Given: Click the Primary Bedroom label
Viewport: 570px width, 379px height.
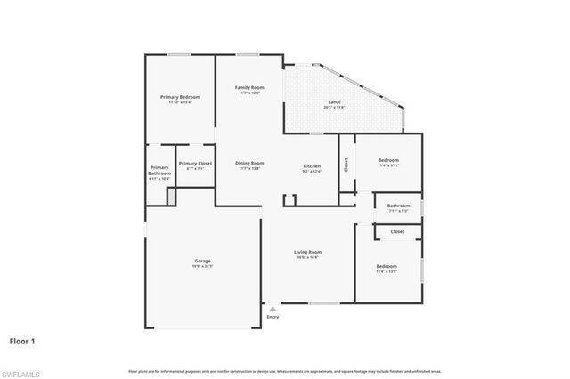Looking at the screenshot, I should [x=180, y=96].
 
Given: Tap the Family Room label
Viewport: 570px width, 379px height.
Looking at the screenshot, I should [x=248, y=87].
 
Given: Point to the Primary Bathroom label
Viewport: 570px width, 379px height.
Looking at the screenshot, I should [x=159, y=171].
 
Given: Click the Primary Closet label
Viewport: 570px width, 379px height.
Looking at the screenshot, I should [x=195, y=163].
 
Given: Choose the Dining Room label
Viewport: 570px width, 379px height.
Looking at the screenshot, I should [x=249, y=163].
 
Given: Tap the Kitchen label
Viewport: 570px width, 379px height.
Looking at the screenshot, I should [x=312, y=166].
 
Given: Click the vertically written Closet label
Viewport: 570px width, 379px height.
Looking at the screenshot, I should [x=346, y=165].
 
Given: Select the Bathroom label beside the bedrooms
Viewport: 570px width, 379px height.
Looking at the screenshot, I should [x=398, y=206].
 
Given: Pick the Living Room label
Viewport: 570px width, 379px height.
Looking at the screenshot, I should [x=308, y=252].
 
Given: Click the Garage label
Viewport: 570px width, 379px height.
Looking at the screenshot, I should [x=203, y=261].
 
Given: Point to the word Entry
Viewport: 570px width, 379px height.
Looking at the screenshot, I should [x=273, y=316].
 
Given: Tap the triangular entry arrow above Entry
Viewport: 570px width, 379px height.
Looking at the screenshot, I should [x=273, y=308].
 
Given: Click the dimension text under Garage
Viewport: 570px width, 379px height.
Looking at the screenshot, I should [x=203, y=266].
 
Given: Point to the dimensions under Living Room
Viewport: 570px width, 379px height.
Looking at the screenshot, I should [x=308, y=257].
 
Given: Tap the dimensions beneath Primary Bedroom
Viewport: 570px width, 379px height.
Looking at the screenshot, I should [x=180, y=101].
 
